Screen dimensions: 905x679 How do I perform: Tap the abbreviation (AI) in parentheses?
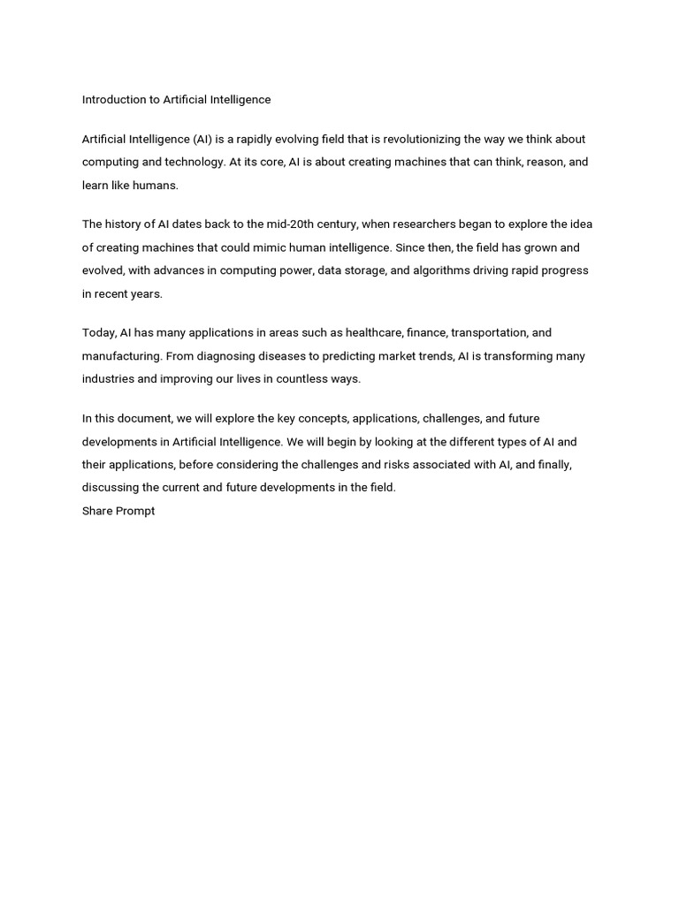203,140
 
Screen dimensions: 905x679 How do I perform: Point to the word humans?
156,186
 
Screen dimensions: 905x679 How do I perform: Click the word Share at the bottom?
97,511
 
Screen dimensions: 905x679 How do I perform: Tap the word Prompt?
135,511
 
